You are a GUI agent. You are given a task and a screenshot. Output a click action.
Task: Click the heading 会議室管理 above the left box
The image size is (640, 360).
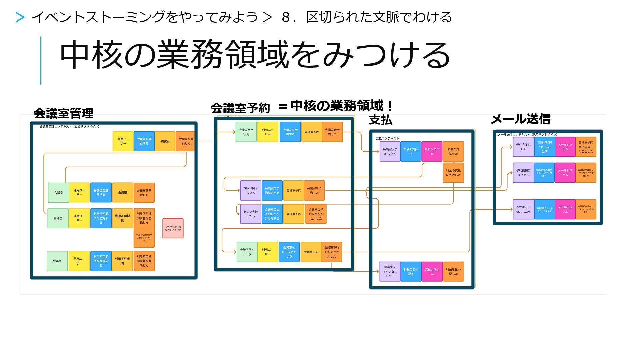[63, 114]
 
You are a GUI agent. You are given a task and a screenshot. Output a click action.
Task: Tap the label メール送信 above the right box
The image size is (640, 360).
[520, 119]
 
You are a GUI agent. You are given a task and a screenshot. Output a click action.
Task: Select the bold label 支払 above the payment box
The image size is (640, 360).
[380, 120]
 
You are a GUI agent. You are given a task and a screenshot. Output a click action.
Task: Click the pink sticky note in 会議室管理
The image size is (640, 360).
[173, 228]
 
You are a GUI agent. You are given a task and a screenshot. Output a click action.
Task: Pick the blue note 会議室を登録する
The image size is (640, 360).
[144, 141]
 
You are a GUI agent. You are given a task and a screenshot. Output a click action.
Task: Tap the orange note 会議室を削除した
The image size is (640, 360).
[144, 193]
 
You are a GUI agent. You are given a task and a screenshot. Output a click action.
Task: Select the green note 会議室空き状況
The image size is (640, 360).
[246, 132]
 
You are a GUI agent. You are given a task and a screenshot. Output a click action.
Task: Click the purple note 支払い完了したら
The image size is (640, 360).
[250, 191]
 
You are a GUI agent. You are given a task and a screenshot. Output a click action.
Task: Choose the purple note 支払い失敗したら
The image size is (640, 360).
[250, 214]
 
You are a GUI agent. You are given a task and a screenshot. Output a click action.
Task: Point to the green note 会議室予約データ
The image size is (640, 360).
[247, 252]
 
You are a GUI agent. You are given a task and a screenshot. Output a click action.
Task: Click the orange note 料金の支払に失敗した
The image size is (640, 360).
[453, 173]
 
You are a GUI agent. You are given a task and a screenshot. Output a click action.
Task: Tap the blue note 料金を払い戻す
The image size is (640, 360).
[411, 272]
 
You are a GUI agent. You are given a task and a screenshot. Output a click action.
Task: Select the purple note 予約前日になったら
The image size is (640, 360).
[523, 173]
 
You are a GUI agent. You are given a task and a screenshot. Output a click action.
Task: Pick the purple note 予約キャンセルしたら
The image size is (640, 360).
[523, 209]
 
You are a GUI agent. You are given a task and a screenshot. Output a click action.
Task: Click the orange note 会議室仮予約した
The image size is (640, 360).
[332, 132]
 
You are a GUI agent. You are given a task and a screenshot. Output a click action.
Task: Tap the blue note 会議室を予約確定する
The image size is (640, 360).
[272, 191]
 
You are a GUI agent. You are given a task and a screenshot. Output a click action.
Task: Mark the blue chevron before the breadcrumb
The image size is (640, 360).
[20, 17]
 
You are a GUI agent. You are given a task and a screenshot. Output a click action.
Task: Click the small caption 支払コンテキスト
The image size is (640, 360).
[387, 138]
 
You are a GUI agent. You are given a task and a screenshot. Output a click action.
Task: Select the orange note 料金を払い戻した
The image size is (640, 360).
[453, 272]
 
